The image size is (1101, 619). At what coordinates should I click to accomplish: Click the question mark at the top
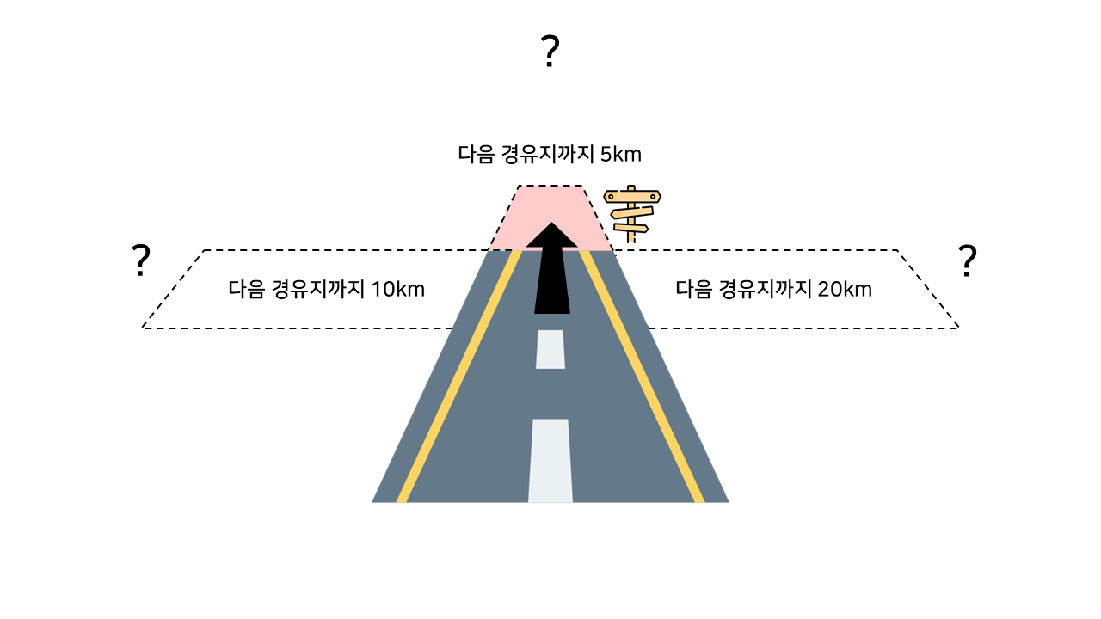click(550, 52)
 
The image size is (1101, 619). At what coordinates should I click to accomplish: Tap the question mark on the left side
click(141, 260)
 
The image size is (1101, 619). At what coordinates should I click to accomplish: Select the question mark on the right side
click(968, 260)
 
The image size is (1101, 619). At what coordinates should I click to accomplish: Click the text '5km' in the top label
click(621, 155)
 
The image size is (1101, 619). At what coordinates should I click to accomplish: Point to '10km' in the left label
click(398, 289)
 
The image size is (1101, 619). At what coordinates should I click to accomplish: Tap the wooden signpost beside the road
click(632, 214)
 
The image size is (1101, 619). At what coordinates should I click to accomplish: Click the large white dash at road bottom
click(550, 460)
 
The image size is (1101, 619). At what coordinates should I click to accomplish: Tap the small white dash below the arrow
click(550, 349)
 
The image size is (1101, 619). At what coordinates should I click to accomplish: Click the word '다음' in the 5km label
click(476, 155)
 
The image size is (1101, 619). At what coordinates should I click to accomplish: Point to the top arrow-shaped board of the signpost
click(632, 197)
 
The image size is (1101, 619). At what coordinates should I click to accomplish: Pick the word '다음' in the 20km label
click(693, 289)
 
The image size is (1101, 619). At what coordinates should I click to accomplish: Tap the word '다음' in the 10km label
click(246, 289)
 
